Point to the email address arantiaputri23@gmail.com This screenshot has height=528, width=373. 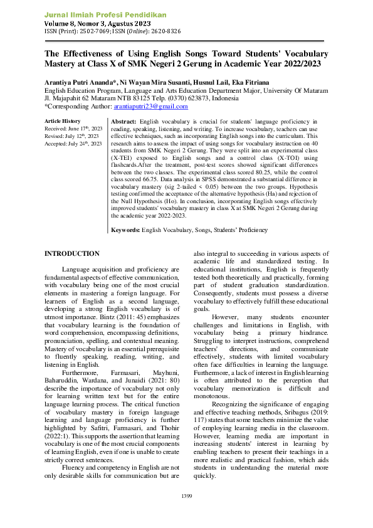pos(147,107)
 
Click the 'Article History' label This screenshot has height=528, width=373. pos(62,121)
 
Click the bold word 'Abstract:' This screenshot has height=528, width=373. pos(124,121)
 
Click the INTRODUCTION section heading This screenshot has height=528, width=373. pos(71,253)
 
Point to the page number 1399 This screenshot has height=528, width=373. pos(186,497)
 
